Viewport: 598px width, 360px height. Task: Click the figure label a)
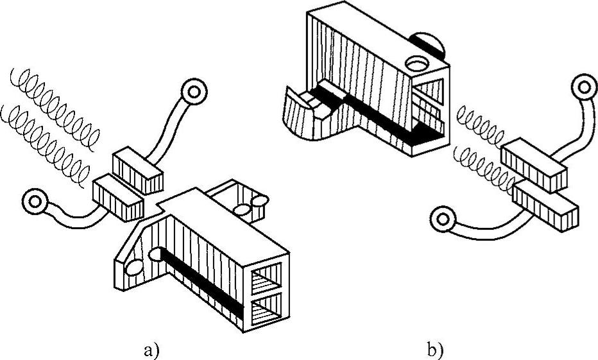tap(151, 350)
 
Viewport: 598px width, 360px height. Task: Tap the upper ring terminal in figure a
tap(194, 91)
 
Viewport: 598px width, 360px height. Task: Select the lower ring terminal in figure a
tap(35, 201)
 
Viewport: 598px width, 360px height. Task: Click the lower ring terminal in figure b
tap(442, 219)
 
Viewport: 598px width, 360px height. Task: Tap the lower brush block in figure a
tap(118, 198)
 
